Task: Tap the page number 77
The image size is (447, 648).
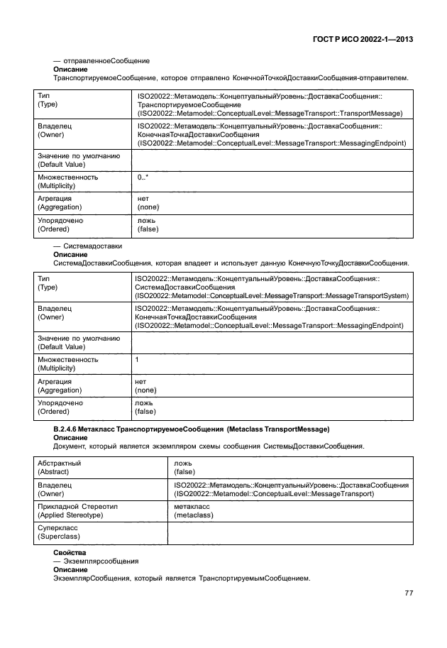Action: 408,593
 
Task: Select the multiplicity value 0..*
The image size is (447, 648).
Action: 143,177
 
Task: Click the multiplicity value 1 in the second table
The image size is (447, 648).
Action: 137,360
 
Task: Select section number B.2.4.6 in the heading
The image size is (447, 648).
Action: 69,430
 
